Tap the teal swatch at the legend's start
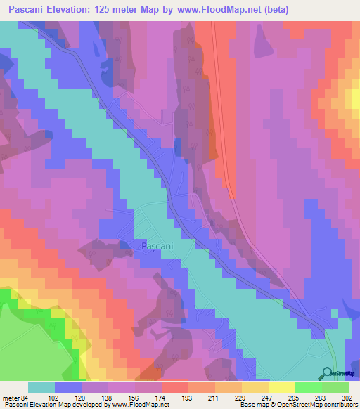(x=41, y=387)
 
